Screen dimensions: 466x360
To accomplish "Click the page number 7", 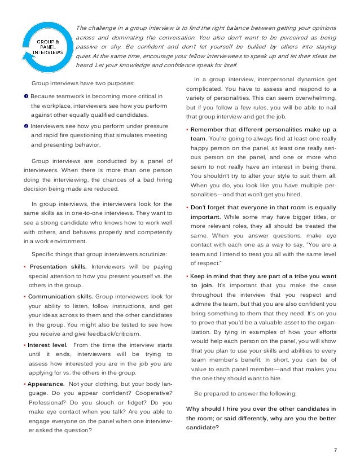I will coord(335,450).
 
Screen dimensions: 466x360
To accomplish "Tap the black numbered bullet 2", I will coord(26,126).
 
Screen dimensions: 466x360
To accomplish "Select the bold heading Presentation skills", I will coord(58,266).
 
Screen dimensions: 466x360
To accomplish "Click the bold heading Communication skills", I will coord(62,295).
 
